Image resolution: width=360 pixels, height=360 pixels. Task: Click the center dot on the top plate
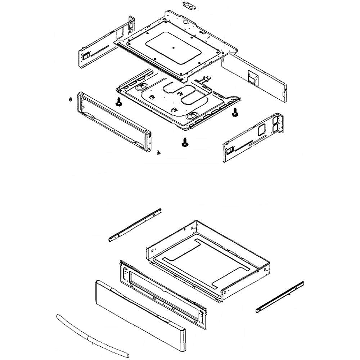173,47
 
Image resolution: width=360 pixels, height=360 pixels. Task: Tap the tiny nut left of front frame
71,99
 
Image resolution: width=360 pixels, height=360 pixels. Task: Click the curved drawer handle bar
88,333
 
